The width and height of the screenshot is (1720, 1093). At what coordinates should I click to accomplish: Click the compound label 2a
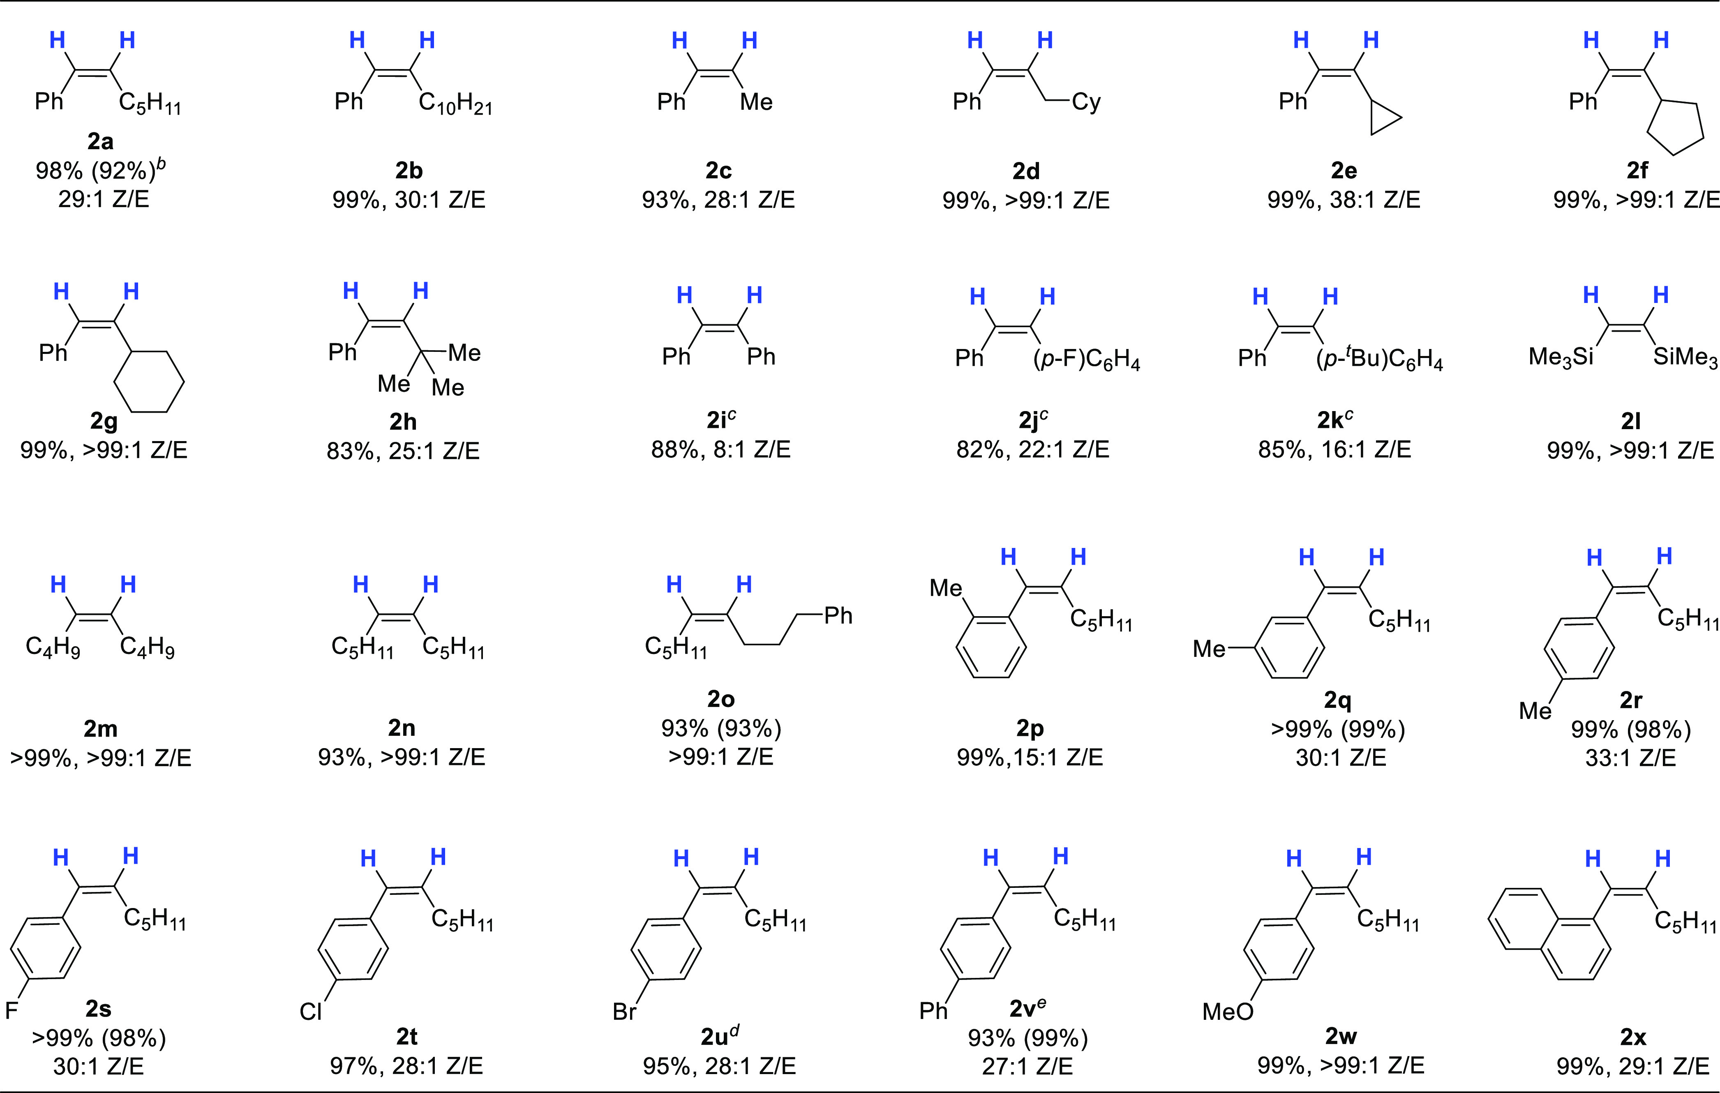point(100,141)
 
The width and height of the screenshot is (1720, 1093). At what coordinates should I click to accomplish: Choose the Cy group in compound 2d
point(1086,102)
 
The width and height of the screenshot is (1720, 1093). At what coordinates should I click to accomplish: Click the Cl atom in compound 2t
point(311,1012)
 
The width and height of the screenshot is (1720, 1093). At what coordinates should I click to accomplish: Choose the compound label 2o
point(721,699)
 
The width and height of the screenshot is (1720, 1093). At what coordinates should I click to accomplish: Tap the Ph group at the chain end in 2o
point(838,616)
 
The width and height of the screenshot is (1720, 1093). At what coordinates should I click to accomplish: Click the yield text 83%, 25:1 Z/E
point(403,451)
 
